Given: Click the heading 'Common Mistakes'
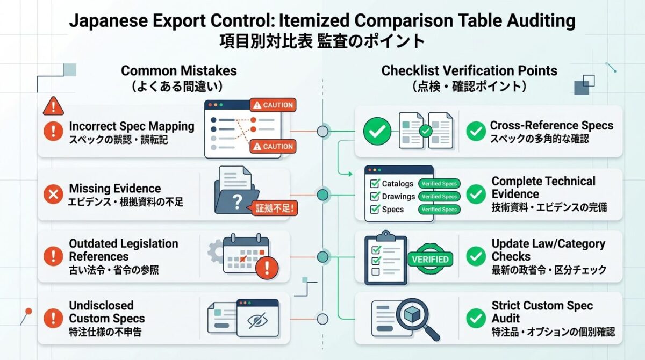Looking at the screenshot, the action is pyautogui.click(x=179, y=70).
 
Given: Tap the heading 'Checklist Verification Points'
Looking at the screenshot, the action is pyautogui.click(x=469, y=70).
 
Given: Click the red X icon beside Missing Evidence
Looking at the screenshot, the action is pyautogui.click(x=53, y=195).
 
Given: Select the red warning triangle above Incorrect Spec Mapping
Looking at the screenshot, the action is pyautogui.click(x=53, y=106).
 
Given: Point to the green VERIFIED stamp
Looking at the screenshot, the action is pyautogui.click(x=430, y=259).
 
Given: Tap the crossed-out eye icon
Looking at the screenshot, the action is pyautogui.click(x=257, y=321).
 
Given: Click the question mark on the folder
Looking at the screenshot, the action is pyautogui.click(x=237, y=202).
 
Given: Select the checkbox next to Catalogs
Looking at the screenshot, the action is pyautogui.click(x=375, y=183).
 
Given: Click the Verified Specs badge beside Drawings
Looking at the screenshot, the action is pyautogui.click(x=439, y=197).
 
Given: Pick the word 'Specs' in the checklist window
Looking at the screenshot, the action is pyautogui.click(x=393, y=210).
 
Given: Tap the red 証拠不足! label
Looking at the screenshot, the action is pyautogui.click(x=275, y=208).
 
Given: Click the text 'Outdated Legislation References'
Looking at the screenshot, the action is pyautogui.click(x=124, y=250).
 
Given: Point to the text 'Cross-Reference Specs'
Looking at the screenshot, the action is pyautogui.click(x=551, y=126).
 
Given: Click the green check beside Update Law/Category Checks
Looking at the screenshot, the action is pyautogui.click(x=476, y=256).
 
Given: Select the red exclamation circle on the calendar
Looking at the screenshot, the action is pyautogui.click(x=267, y=268).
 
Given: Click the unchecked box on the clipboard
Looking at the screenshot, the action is pyautogui.click(x=376, y=272).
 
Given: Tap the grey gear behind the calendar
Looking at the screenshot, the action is pyautogui.click(x=216, y=252).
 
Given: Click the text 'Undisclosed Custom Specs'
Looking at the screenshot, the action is pyautogui.click(x=107, y=312).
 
